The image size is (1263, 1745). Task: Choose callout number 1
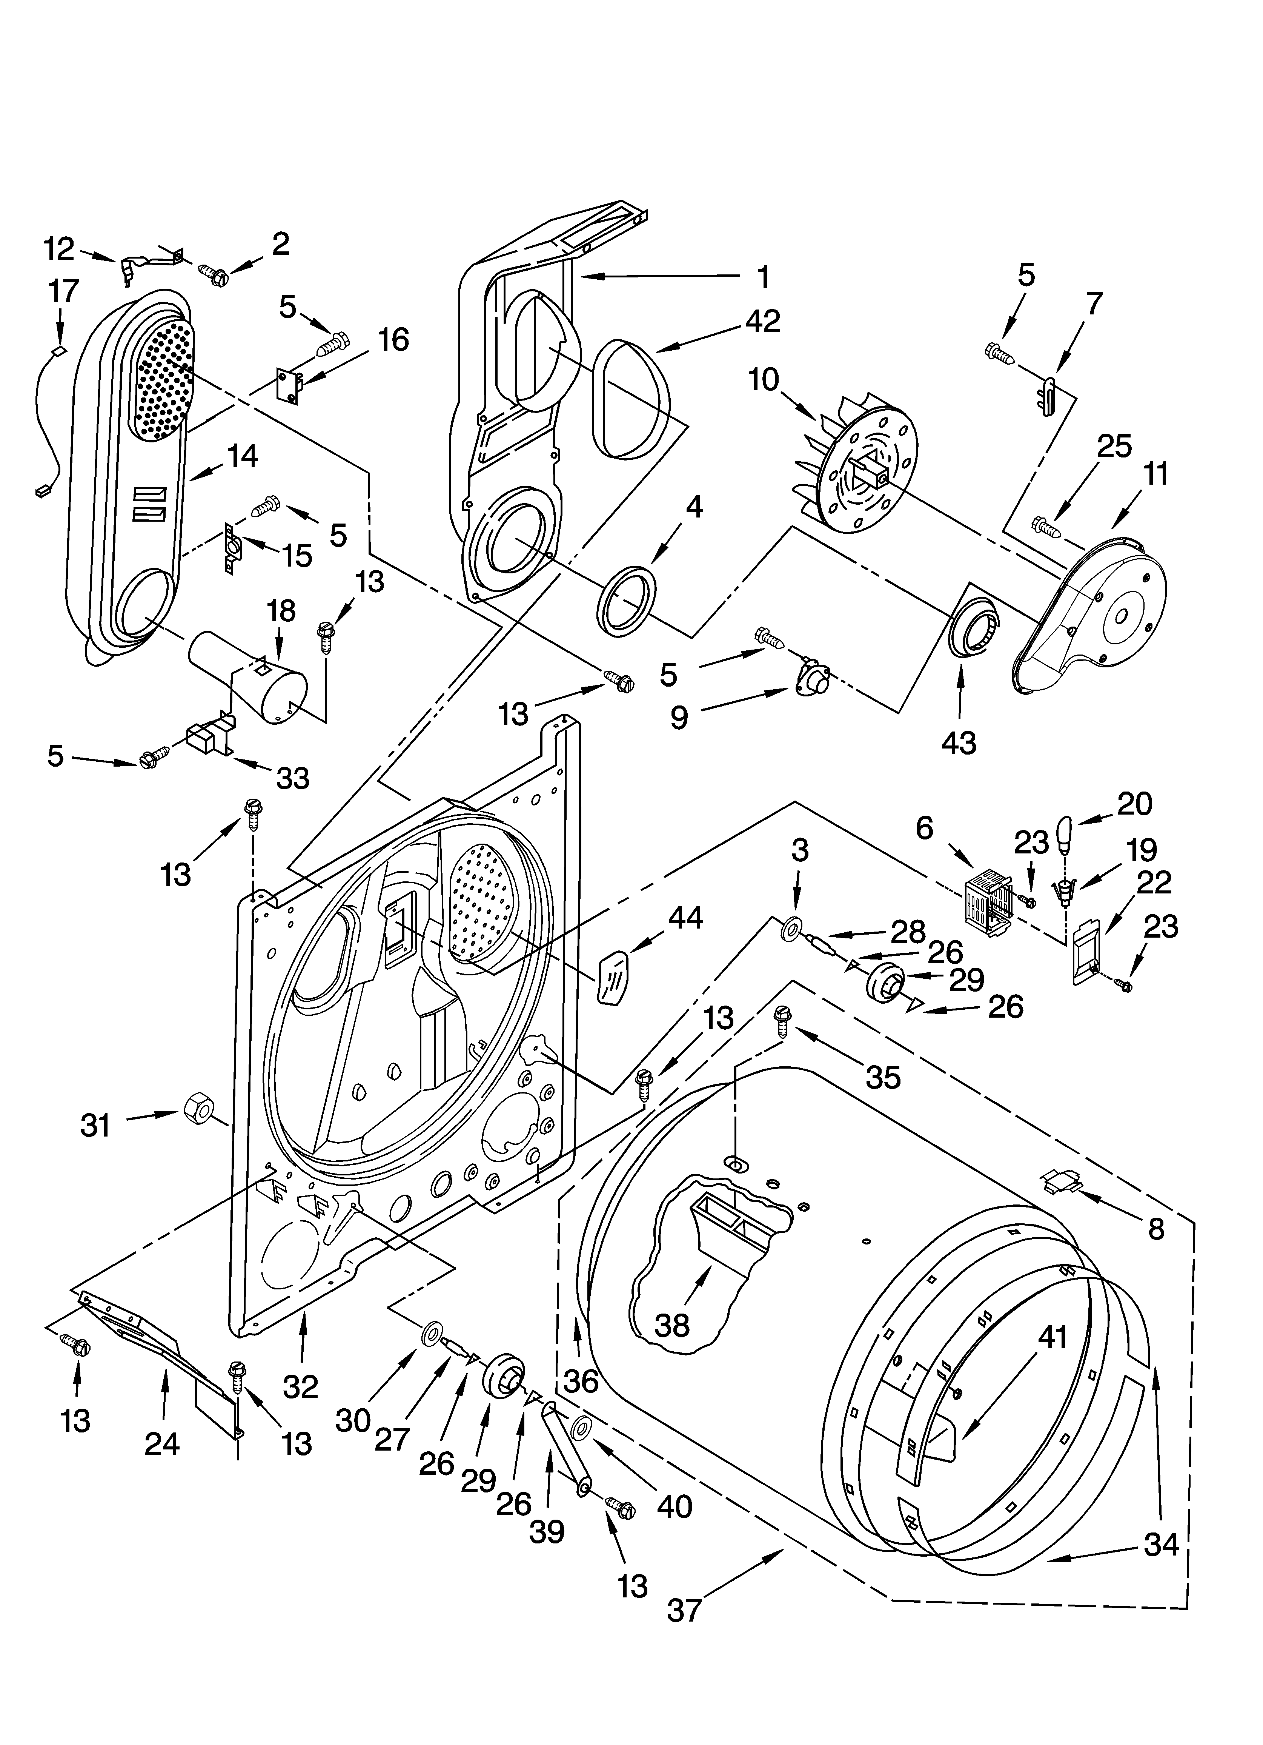[762, 276]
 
